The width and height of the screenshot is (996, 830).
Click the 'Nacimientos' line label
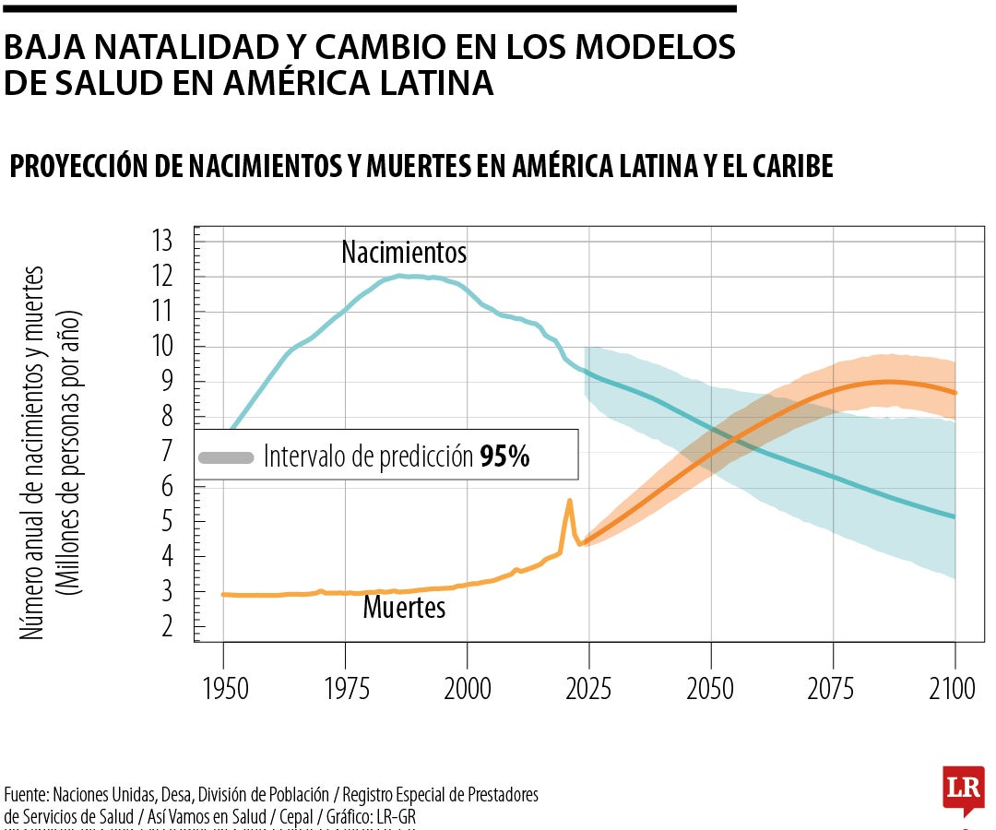click(404, 252)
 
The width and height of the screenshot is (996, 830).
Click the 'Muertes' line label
click(404, 608)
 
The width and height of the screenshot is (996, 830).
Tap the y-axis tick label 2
click(167, 627)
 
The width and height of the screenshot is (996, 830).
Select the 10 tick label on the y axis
click(162, 347)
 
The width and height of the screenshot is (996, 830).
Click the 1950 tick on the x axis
click(223, 690)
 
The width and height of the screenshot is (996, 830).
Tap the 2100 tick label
click(954, 690)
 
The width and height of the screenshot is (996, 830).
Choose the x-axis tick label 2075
click(832, 690)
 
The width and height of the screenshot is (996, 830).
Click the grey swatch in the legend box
click(227, 457)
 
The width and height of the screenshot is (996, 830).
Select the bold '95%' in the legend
click(504, 456)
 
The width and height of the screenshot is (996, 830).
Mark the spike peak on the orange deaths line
click(569, 500)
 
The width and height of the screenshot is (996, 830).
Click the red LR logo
click(964, 788)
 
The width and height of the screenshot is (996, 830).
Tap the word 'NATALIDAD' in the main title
click(176, 47)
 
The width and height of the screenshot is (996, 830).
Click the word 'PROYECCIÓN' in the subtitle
click(84, 166)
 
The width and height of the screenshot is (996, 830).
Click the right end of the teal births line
click(954, 516)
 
